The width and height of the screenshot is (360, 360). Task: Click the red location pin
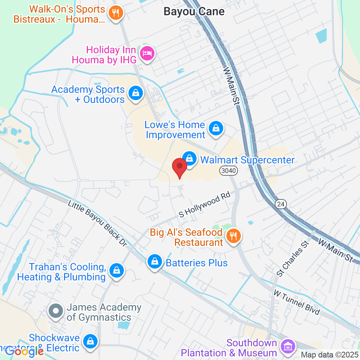pyautogui.click(x=179, y=167)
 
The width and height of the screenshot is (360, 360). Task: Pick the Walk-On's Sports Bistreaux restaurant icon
pyautogui.click(x=116, y=13)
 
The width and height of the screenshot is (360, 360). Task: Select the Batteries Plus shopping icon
pyautogui.click(x=154, y=262)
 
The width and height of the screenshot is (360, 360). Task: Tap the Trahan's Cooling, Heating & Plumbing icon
pyautogui.click(x=116, y=270)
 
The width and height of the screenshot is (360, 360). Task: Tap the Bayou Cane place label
pyautogui.click(x=194, y=12)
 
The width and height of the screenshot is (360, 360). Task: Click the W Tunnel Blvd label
pyautogui.click(x=297, y=302)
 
